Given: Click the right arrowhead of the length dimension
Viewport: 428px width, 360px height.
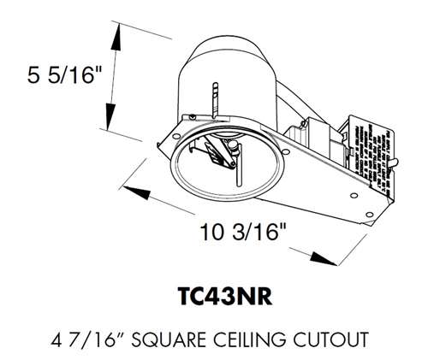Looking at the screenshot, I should tap(322, 259).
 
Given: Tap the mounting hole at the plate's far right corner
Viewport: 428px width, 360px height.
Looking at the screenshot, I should tap(366, 214).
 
